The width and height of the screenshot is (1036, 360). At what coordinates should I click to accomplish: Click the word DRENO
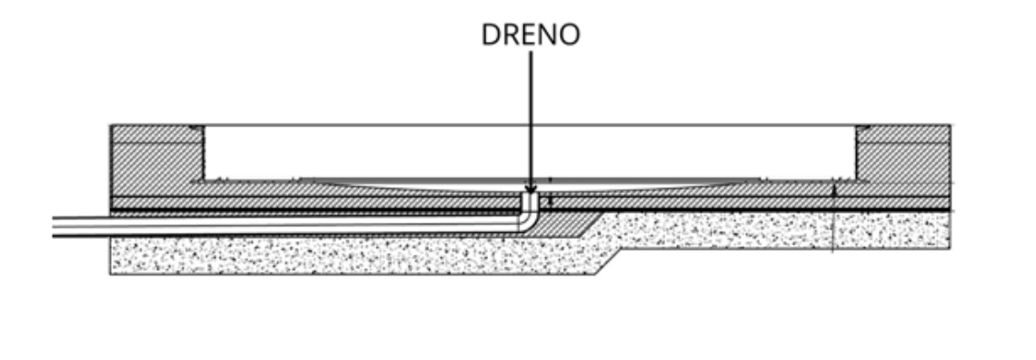(531, 35)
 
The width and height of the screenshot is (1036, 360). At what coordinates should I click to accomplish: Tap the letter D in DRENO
(490, 35)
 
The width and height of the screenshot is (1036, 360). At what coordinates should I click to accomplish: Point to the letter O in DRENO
(570, 35)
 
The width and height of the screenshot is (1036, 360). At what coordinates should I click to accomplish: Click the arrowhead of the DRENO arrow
(531, 190)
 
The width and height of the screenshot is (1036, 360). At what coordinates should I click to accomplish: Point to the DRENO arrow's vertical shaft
(531, 119)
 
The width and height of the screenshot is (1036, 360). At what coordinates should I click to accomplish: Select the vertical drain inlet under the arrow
(531, 202)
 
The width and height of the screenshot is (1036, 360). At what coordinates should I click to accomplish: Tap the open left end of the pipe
(54, 226)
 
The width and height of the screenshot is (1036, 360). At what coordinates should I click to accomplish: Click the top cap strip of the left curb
(157, 135)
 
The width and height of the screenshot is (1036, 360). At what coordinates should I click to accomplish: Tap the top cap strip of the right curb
(903, 135)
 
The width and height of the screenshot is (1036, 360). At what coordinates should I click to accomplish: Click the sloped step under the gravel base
(608, 262)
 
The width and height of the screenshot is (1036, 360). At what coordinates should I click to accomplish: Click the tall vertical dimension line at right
(833, 218)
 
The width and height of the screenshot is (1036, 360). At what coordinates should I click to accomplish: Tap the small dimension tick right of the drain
(551, 198)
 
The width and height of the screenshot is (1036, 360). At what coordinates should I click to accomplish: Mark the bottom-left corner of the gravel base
(110, 275)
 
